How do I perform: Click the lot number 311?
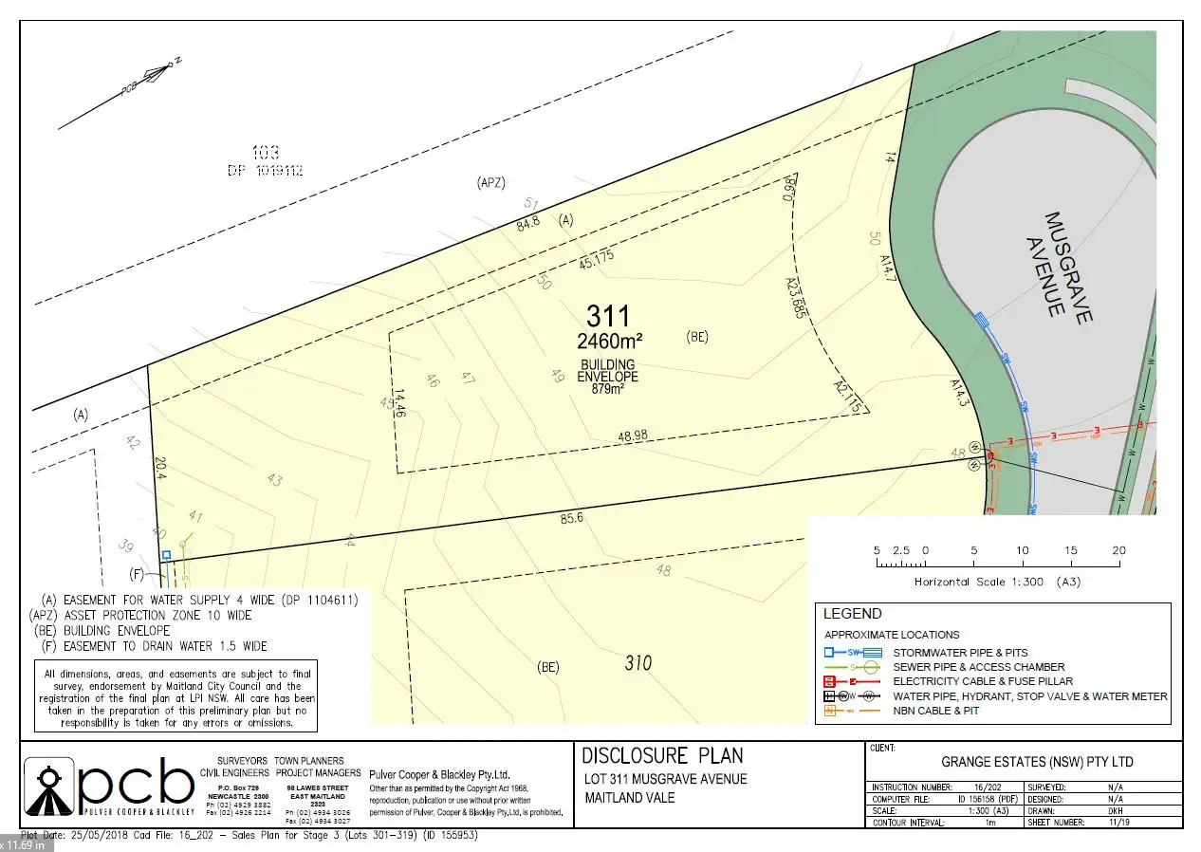(608, 316)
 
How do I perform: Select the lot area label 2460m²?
(609, 340)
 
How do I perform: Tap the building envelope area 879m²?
(609, 388)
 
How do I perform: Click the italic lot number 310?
(637, 662)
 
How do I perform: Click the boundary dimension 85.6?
(570, 519)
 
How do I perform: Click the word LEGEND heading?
(852, 614)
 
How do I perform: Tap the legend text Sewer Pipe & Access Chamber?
(978, 667)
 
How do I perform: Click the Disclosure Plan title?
(662, 755)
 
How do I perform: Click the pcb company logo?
(109, 786)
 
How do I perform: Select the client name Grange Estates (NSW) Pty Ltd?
(1036, 762)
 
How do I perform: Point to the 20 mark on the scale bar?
(1119, 550)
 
